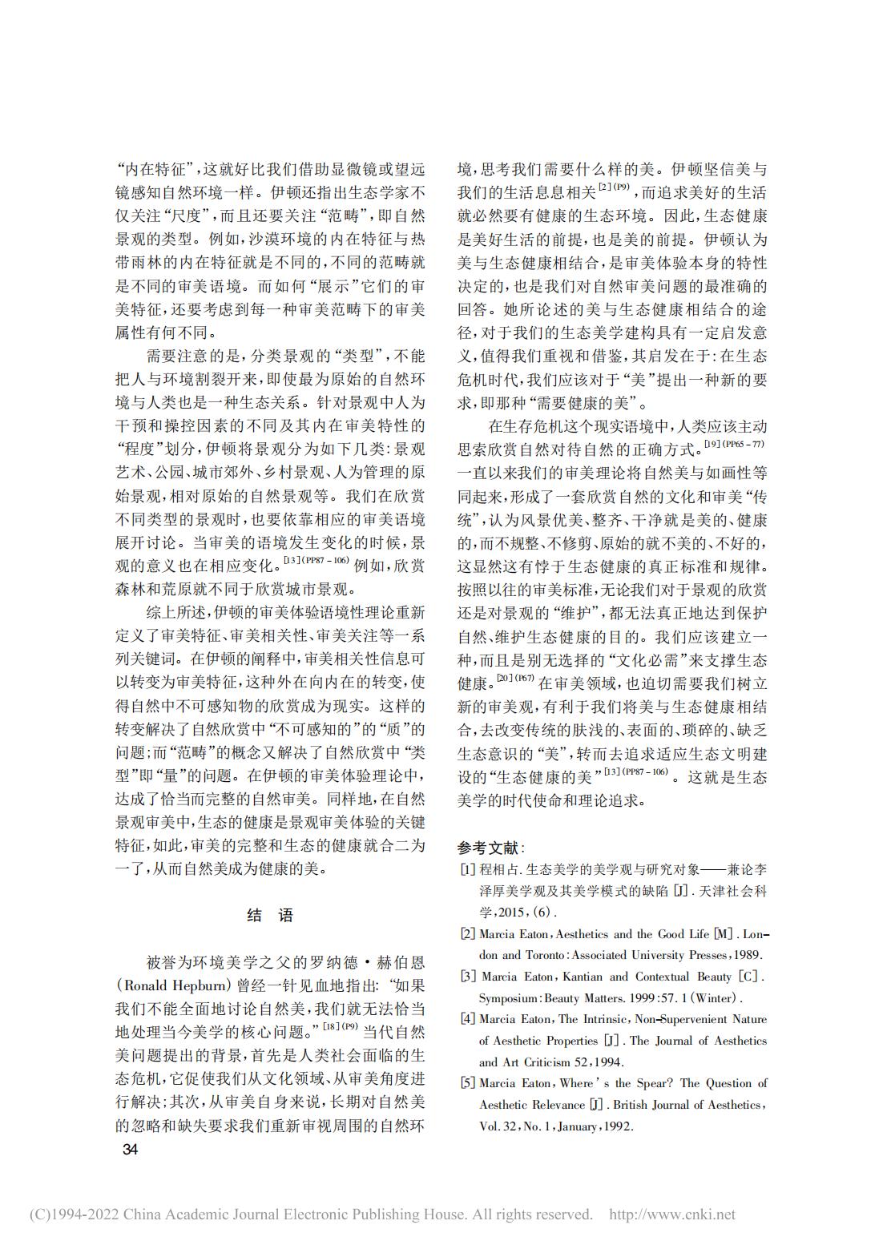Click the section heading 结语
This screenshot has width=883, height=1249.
click(x=270, y=916)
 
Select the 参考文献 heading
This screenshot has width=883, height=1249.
click(x=490, y=848)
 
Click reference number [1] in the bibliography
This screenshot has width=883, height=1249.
click(x=466, y=869)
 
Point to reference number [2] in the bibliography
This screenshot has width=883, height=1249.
click(x=466, y=934)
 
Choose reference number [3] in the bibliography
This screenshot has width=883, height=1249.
click(x=466, y=977)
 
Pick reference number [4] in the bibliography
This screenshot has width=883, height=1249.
click(x=466, y=1020)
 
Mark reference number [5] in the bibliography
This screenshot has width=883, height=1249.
click(x=466, y=1083)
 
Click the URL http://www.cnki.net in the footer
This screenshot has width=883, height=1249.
click(x=672, y=1215)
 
